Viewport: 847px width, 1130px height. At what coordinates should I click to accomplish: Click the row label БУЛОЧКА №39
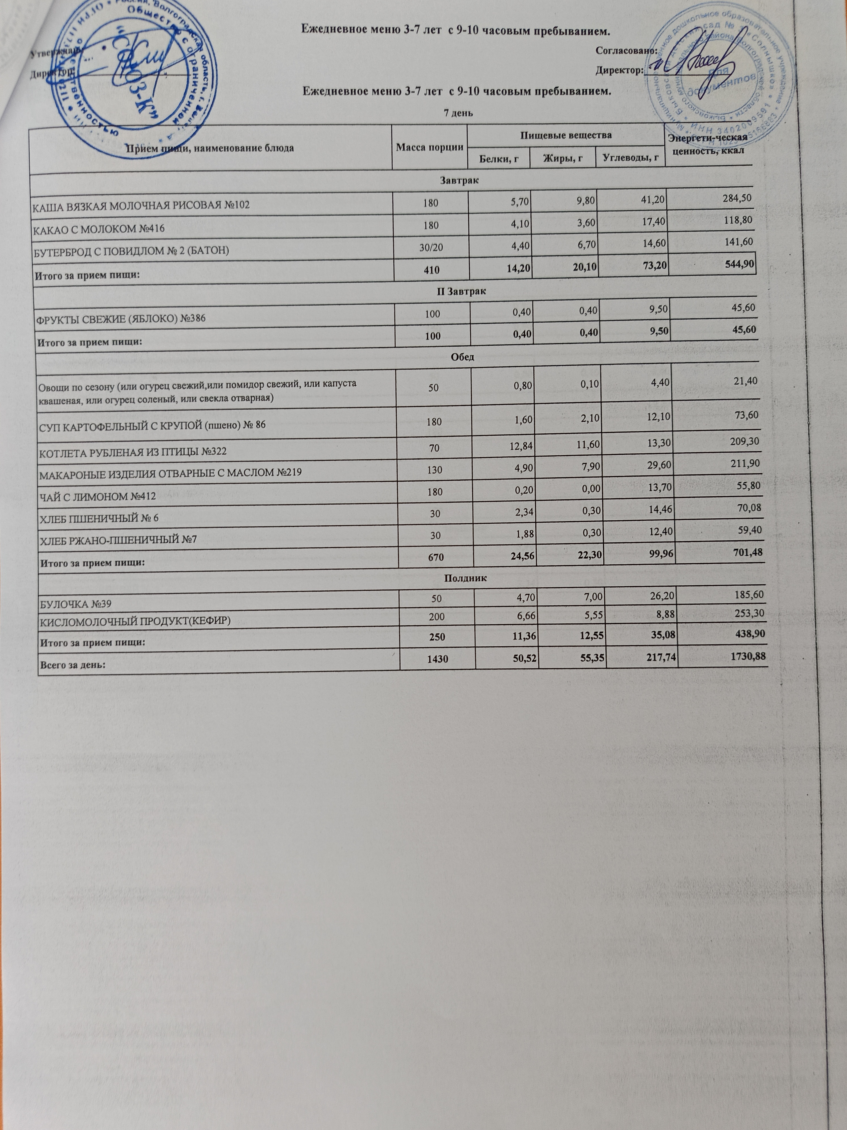pyautogui.click(x=76, y=604)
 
